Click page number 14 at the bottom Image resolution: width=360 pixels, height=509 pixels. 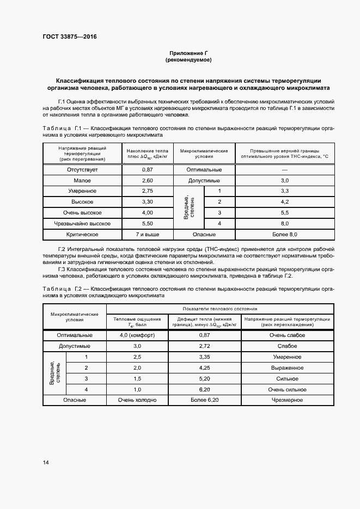pos(46,463)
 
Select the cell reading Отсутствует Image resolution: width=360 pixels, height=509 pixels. pos(82,169)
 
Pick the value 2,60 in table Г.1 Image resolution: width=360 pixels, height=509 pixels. pos(147,180)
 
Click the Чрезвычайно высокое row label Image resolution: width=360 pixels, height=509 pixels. pos(82,224)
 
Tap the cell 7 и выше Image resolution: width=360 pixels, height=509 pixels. pos(147,235)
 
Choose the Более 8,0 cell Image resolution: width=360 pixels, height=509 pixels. pos(285,235)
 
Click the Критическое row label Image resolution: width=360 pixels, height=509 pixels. pos(82,235)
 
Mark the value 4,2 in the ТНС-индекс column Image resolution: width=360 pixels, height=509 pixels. pos(285,202)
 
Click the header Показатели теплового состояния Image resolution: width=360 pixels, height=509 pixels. pos(220,308)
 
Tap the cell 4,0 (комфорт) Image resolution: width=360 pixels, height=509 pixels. pos(137,335)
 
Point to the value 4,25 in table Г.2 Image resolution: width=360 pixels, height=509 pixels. pos(205,367)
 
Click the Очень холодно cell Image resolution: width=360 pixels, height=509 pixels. pos(137,400)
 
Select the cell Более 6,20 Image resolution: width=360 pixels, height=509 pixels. pos(205,400)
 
